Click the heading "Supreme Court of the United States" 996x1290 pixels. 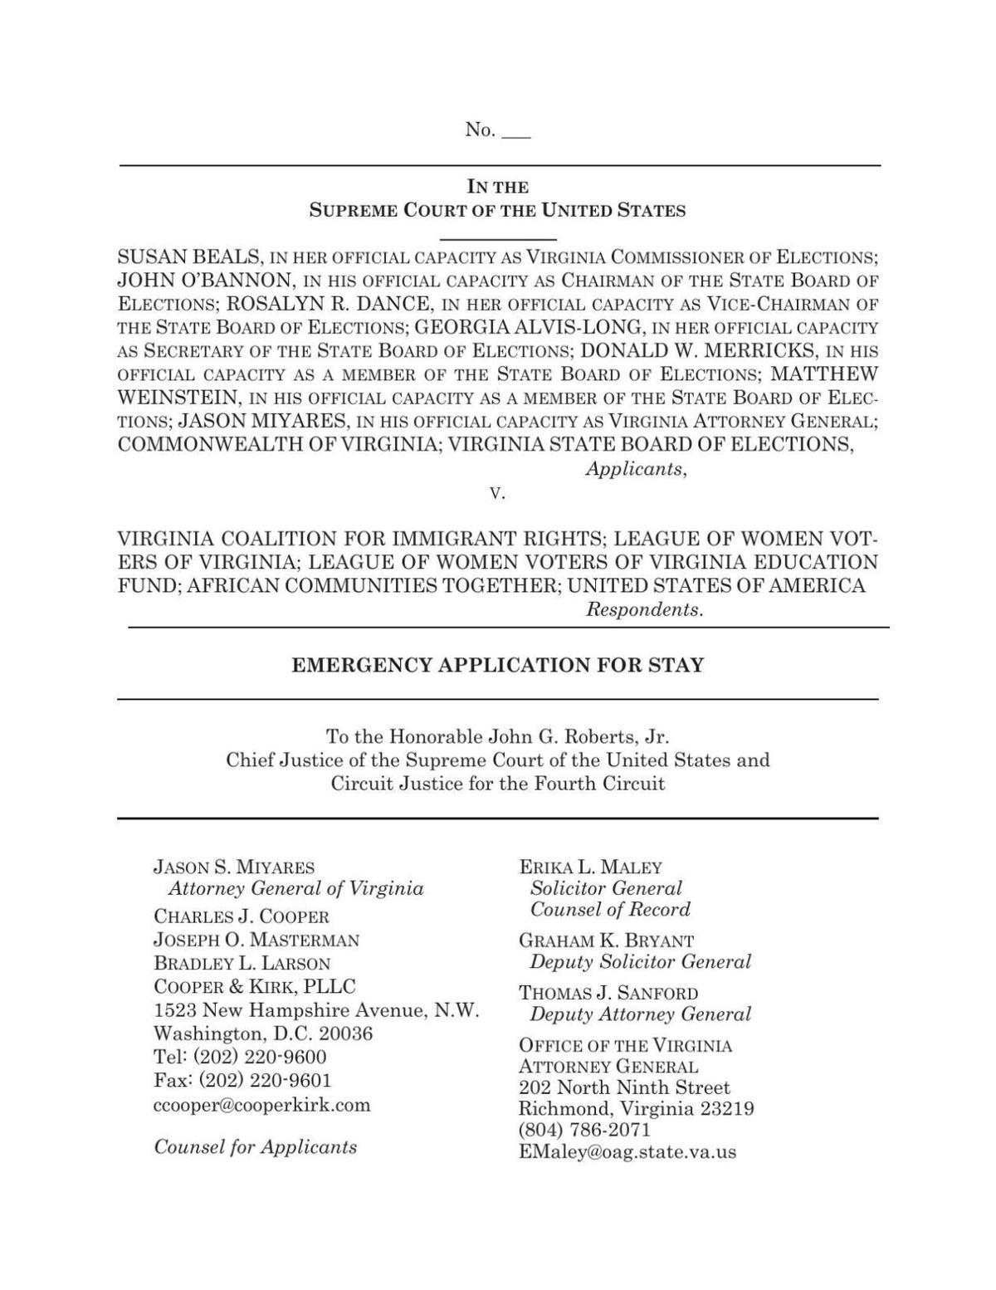[497, 210]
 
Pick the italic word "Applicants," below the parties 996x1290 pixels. [636, 469]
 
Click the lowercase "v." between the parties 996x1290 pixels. [497, 493]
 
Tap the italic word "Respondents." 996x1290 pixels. [644, 609]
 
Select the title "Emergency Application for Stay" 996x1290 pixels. [497, 665]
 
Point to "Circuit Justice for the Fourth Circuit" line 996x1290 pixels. [497, 784]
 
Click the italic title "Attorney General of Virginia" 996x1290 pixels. [296, 889]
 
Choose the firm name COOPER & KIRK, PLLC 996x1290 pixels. [255, 987]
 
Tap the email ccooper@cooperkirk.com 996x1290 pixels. [262, 1105]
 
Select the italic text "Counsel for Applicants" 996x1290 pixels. [256, 1147]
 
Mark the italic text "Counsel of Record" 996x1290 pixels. [610, 910]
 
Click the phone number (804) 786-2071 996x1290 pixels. [584, 1130]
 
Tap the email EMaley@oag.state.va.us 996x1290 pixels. [627, 1152]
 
